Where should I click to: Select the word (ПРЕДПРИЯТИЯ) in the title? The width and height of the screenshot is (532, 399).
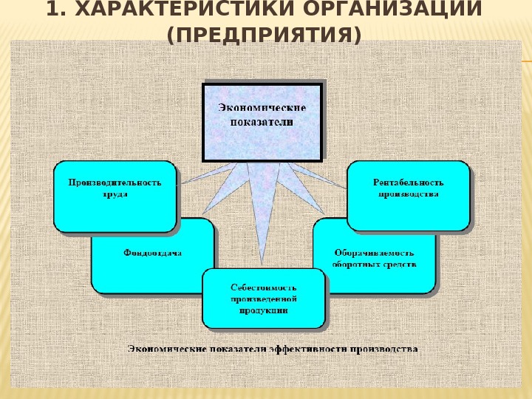pos(265,34)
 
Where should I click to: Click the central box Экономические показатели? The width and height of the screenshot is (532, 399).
pos(262,121)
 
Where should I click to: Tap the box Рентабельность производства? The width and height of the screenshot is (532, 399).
pos(408,194)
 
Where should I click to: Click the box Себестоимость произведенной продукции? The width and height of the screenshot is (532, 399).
pos(263,299)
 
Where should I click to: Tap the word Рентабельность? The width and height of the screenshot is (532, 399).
pos(408,182)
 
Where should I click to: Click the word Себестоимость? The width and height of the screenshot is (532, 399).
pos(263,287)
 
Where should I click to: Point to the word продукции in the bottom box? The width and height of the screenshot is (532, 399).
pos(263,311)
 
